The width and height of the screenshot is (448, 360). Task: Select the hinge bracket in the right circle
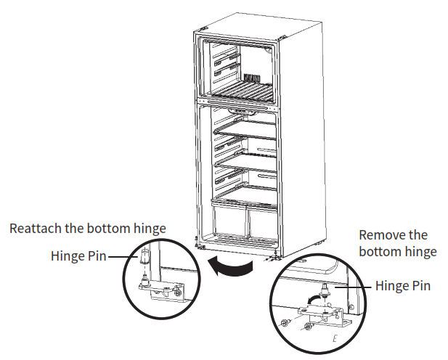click(x=323, y=314)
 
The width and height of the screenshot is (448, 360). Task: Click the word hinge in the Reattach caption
click(x=150, y=229)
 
